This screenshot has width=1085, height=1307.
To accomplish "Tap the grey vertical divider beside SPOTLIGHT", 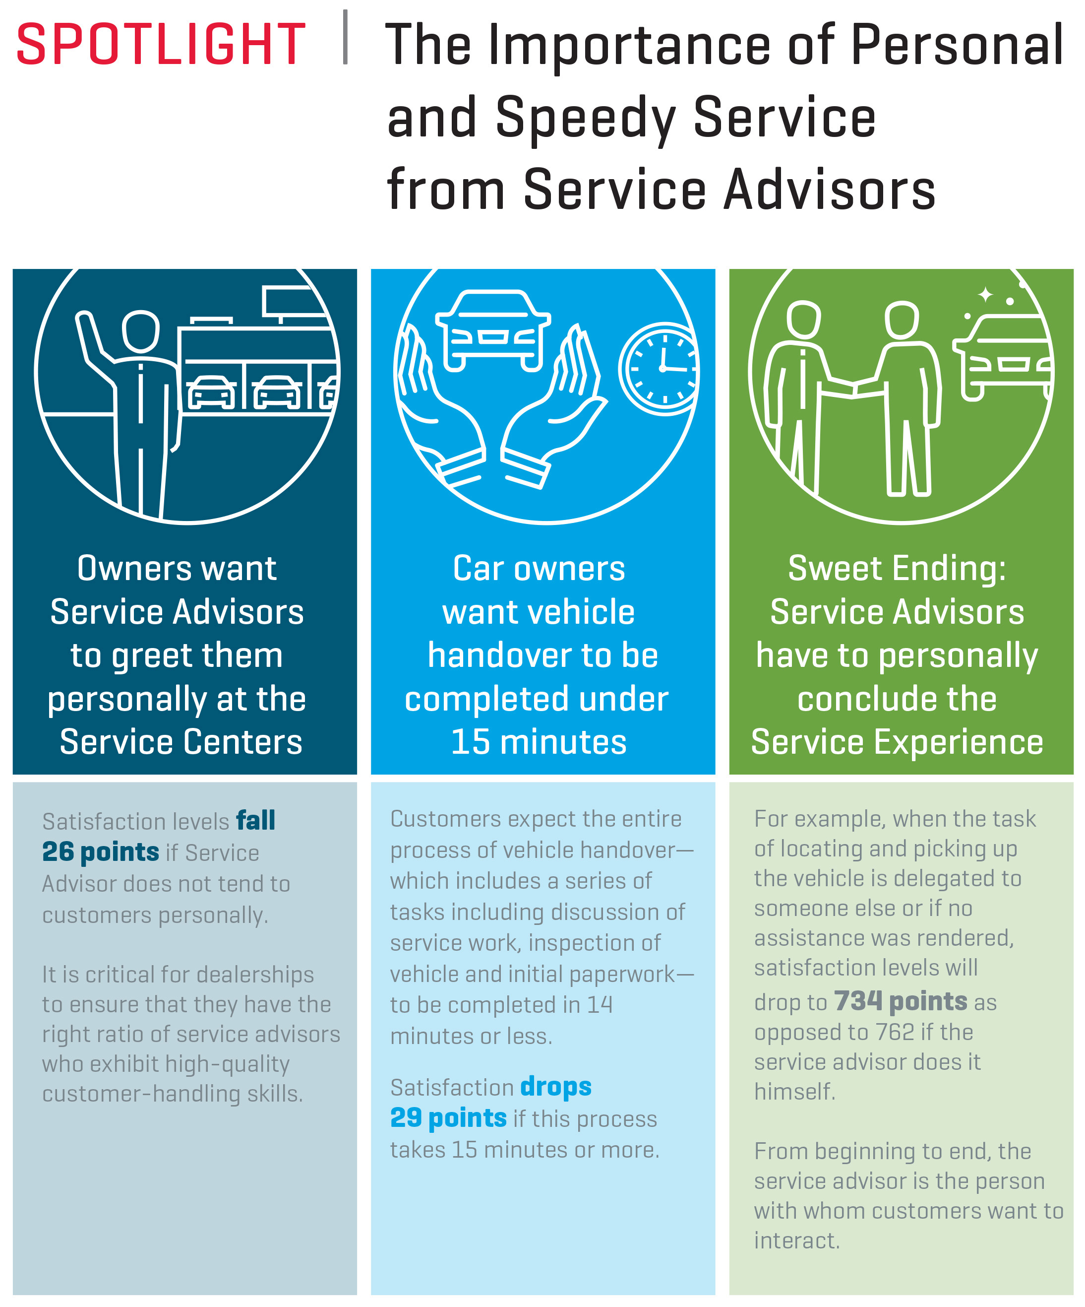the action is click(x=345, y=37).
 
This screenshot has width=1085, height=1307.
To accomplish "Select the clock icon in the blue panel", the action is click(x=659, y=369).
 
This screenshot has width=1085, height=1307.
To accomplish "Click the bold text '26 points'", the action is click(x=101, y=852).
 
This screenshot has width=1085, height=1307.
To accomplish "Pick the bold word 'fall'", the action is click(x=256, y=820).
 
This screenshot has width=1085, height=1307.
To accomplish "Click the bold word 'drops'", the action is click(x=555, y=1087).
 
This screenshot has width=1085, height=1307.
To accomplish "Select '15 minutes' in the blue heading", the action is click(x=539, y=742).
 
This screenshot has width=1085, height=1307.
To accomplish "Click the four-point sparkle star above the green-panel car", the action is click(x=985, y=294).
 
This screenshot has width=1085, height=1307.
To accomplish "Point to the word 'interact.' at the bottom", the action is click(x=797, y=1241).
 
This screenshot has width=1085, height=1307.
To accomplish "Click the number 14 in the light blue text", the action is click(x=601, y=1004).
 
